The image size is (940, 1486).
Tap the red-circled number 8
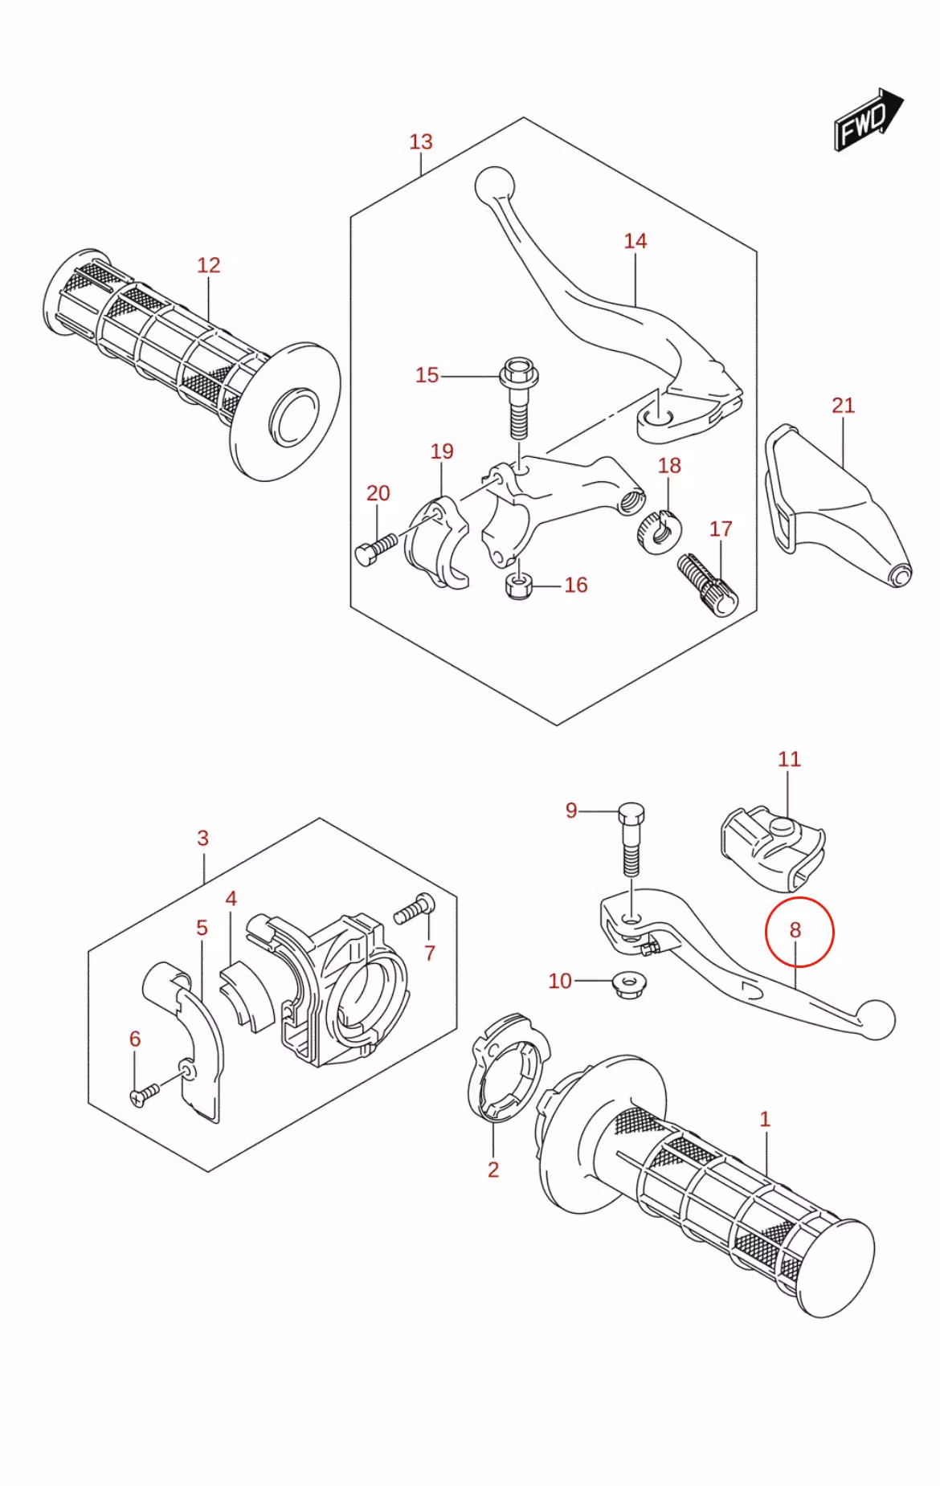point(795,930)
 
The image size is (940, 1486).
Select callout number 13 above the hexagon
point(421,142)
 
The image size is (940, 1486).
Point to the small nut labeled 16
point(518,586)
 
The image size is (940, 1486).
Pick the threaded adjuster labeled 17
point(708,585)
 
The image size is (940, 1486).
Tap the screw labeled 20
point(374,549)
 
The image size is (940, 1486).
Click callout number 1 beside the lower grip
point(765,1119)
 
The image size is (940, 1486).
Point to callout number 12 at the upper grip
point(209,265)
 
